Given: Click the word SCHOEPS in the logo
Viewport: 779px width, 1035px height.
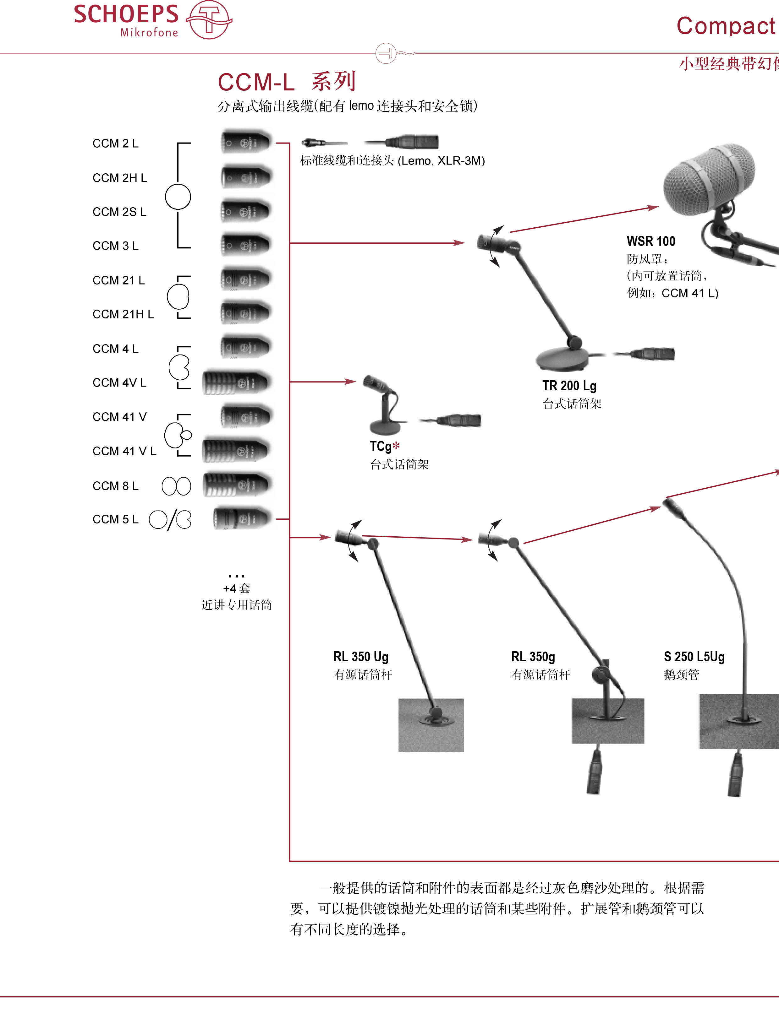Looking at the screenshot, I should pyautogui.click(x=126, y=14).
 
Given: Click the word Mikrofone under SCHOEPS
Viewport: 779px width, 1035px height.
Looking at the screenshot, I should pyautogui.click(x=149, y=33).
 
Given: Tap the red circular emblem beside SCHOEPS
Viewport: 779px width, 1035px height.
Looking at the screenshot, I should pyautogui.click(x=209, y=20).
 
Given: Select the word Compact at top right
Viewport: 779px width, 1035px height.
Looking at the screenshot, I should pyautogui.click(x=726, y=26).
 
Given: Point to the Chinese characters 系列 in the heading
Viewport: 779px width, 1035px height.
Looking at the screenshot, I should pyautogui.click(x=333, y=81).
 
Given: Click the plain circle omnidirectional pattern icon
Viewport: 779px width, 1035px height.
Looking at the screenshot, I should pyautogui.click(x=178, y=197).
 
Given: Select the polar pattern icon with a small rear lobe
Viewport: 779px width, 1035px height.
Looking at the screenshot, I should pyautogui.click(x=178, y=435).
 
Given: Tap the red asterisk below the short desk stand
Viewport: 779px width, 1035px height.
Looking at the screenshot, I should pyautogui.click(x=396, y=446).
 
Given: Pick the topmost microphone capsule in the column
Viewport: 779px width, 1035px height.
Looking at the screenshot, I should pyautogui.click(x=247, y=139).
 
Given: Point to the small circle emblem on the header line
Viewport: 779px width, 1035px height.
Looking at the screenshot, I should pyautogui.click(x=386, y=53).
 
